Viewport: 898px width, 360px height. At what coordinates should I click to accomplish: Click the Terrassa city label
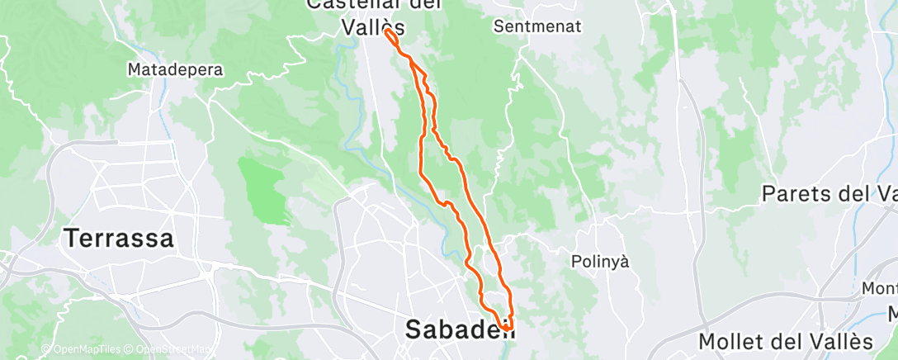[120, 239]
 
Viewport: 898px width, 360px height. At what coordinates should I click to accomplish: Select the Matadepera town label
[176, 70]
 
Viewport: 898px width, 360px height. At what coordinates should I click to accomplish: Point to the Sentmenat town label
[537, 26]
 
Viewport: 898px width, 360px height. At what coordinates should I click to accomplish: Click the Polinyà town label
[600, 262]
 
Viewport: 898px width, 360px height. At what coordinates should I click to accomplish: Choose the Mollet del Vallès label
[785, 341]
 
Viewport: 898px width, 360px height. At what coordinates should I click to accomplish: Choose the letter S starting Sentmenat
[499, 26]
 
